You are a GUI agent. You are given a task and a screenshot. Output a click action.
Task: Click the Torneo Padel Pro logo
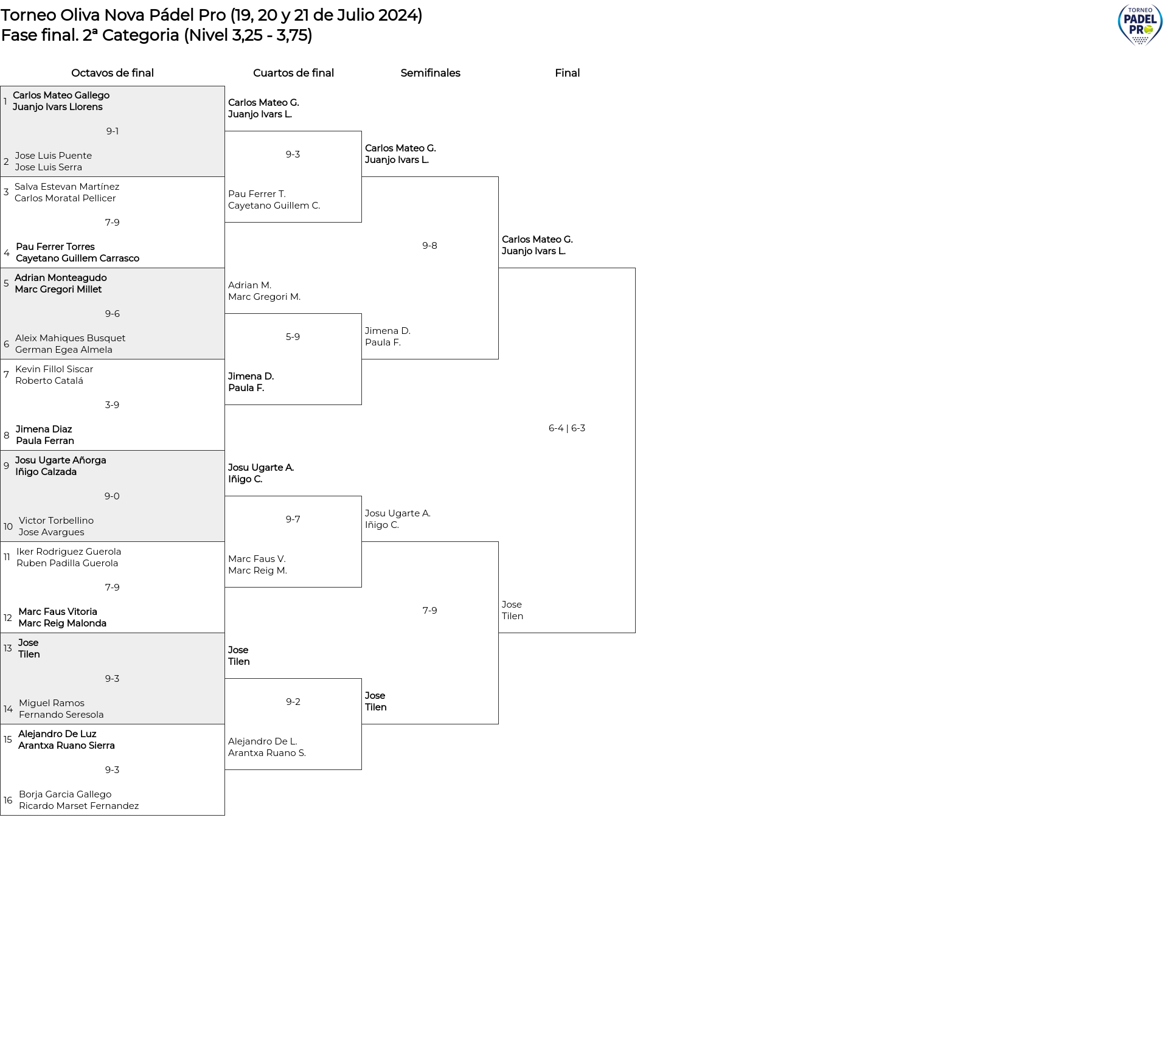1140,24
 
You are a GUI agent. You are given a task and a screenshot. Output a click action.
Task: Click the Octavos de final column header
113,73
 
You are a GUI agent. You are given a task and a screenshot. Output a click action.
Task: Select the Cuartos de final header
293,73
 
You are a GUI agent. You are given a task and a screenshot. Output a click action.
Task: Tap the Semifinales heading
430,73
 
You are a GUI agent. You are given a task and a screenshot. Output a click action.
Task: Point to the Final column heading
567,73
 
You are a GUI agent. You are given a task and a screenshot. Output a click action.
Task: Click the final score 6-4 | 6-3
567,428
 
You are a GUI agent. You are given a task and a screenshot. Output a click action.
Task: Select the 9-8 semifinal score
429,246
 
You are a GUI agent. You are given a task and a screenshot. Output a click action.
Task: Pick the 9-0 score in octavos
112,496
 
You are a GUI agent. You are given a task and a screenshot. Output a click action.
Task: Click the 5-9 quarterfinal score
293,337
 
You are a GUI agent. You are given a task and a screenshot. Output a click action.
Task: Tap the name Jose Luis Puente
54,156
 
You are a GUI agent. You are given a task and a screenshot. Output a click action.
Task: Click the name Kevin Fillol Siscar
54,369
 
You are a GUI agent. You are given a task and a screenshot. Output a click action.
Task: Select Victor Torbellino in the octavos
56,521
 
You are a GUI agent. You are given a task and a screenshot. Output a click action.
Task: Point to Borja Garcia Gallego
65,794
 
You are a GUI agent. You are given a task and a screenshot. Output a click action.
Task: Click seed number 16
8,800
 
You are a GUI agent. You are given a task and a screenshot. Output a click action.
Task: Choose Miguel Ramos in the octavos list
52,703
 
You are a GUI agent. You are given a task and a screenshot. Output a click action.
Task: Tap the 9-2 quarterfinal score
293,702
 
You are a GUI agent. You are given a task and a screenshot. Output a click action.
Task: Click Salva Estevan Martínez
67,187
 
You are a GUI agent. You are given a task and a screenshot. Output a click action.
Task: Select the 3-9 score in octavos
112,405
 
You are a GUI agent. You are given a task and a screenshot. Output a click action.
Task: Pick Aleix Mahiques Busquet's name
71,338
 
